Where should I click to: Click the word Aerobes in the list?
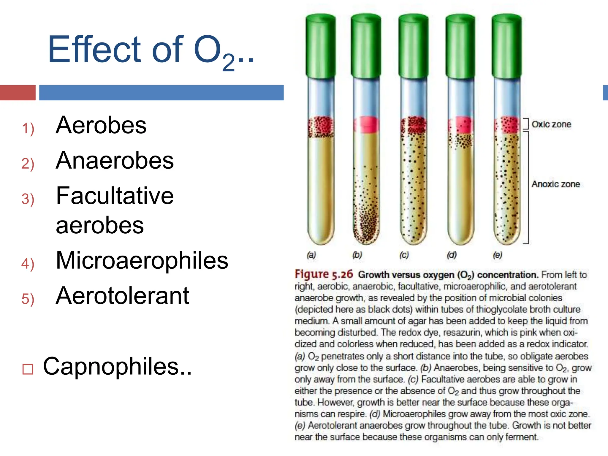[x=101, y=125]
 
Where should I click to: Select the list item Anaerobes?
[x=115, y=161]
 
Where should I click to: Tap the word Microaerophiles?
[x=142, y=260]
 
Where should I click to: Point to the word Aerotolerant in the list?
[x=122, y=296]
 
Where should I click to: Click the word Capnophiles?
[x=117, y=366]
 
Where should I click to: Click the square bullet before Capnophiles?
[x=28, y=369]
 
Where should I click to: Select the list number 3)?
[x=28, y=199]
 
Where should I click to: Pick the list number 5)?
[x=28, y=299]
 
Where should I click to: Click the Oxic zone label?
[x=551, y=124]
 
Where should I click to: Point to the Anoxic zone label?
[x=555, y=184]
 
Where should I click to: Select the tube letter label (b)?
[x=357, y=255]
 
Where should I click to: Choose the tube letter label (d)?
[x=452, y=255]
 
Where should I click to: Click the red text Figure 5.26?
[x=324, y=274]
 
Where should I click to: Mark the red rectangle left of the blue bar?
[x=18, y=93]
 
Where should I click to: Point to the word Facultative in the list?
[x=115, y=196]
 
